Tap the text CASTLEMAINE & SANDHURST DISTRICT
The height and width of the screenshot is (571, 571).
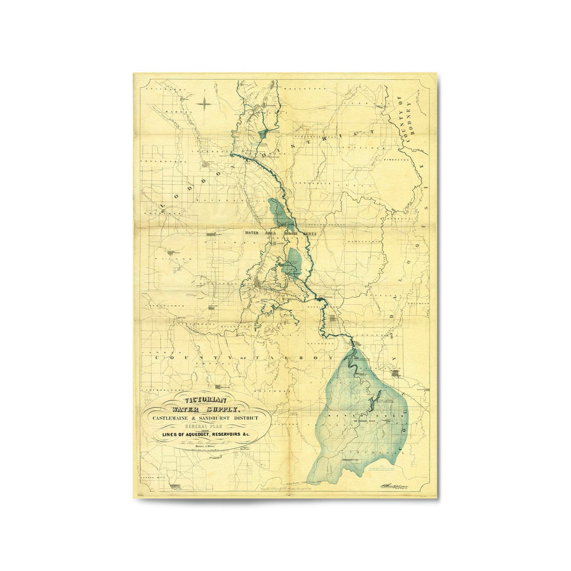(x=207, y=420)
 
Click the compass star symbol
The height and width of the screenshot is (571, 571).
(x=205, y=104)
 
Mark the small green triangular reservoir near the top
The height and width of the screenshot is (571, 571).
(x=263, y=132)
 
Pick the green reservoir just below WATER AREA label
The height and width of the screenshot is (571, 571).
(x=294, y=262)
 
